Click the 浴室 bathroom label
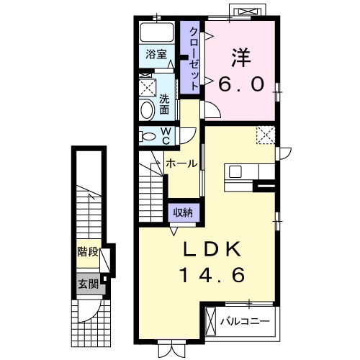(156, 55)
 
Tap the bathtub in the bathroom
(157, 32)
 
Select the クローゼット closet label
(194, 58)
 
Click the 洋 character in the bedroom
(241, 58)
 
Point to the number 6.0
(241, 84)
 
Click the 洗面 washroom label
(164, 104)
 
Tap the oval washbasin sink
(147, 110)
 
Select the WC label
(166, 136)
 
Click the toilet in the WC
(148, 137)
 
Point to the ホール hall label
(181, 163)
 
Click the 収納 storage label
(183, 212)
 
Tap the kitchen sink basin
(235, 172)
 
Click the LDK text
(212, 249)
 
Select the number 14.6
(213, 275)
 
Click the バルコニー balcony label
(245, 321)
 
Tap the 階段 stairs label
(88, 252)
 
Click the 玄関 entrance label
(89, 285)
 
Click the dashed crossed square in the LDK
(266, 135)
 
